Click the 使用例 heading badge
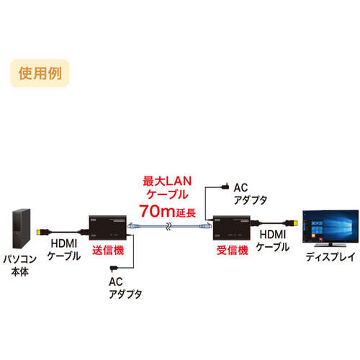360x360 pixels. pos(40,73)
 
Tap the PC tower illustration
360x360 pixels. pos(22,228)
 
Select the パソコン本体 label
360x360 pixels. pos(19,266)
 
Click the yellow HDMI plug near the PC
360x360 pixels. pos(38,232)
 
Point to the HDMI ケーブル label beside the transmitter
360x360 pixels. pos(64,250)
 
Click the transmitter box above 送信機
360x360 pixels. pos(108,228)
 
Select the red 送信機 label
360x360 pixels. pos(108,251)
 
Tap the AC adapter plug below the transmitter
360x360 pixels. pos(113,269)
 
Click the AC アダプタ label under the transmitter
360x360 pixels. pos(125,288)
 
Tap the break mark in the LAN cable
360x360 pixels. pos(169,226)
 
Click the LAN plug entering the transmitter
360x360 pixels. pos(133,226)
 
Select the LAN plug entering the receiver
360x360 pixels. pos(205,226)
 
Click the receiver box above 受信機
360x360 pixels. pos(232,228)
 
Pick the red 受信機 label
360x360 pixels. pos(233,251)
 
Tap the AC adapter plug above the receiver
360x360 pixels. pos(225,186)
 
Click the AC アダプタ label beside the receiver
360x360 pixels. pos(250,194)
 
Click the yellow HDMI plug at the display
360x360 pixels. pos(294,223)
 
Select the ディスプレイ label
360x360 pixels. pos(330,257)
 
